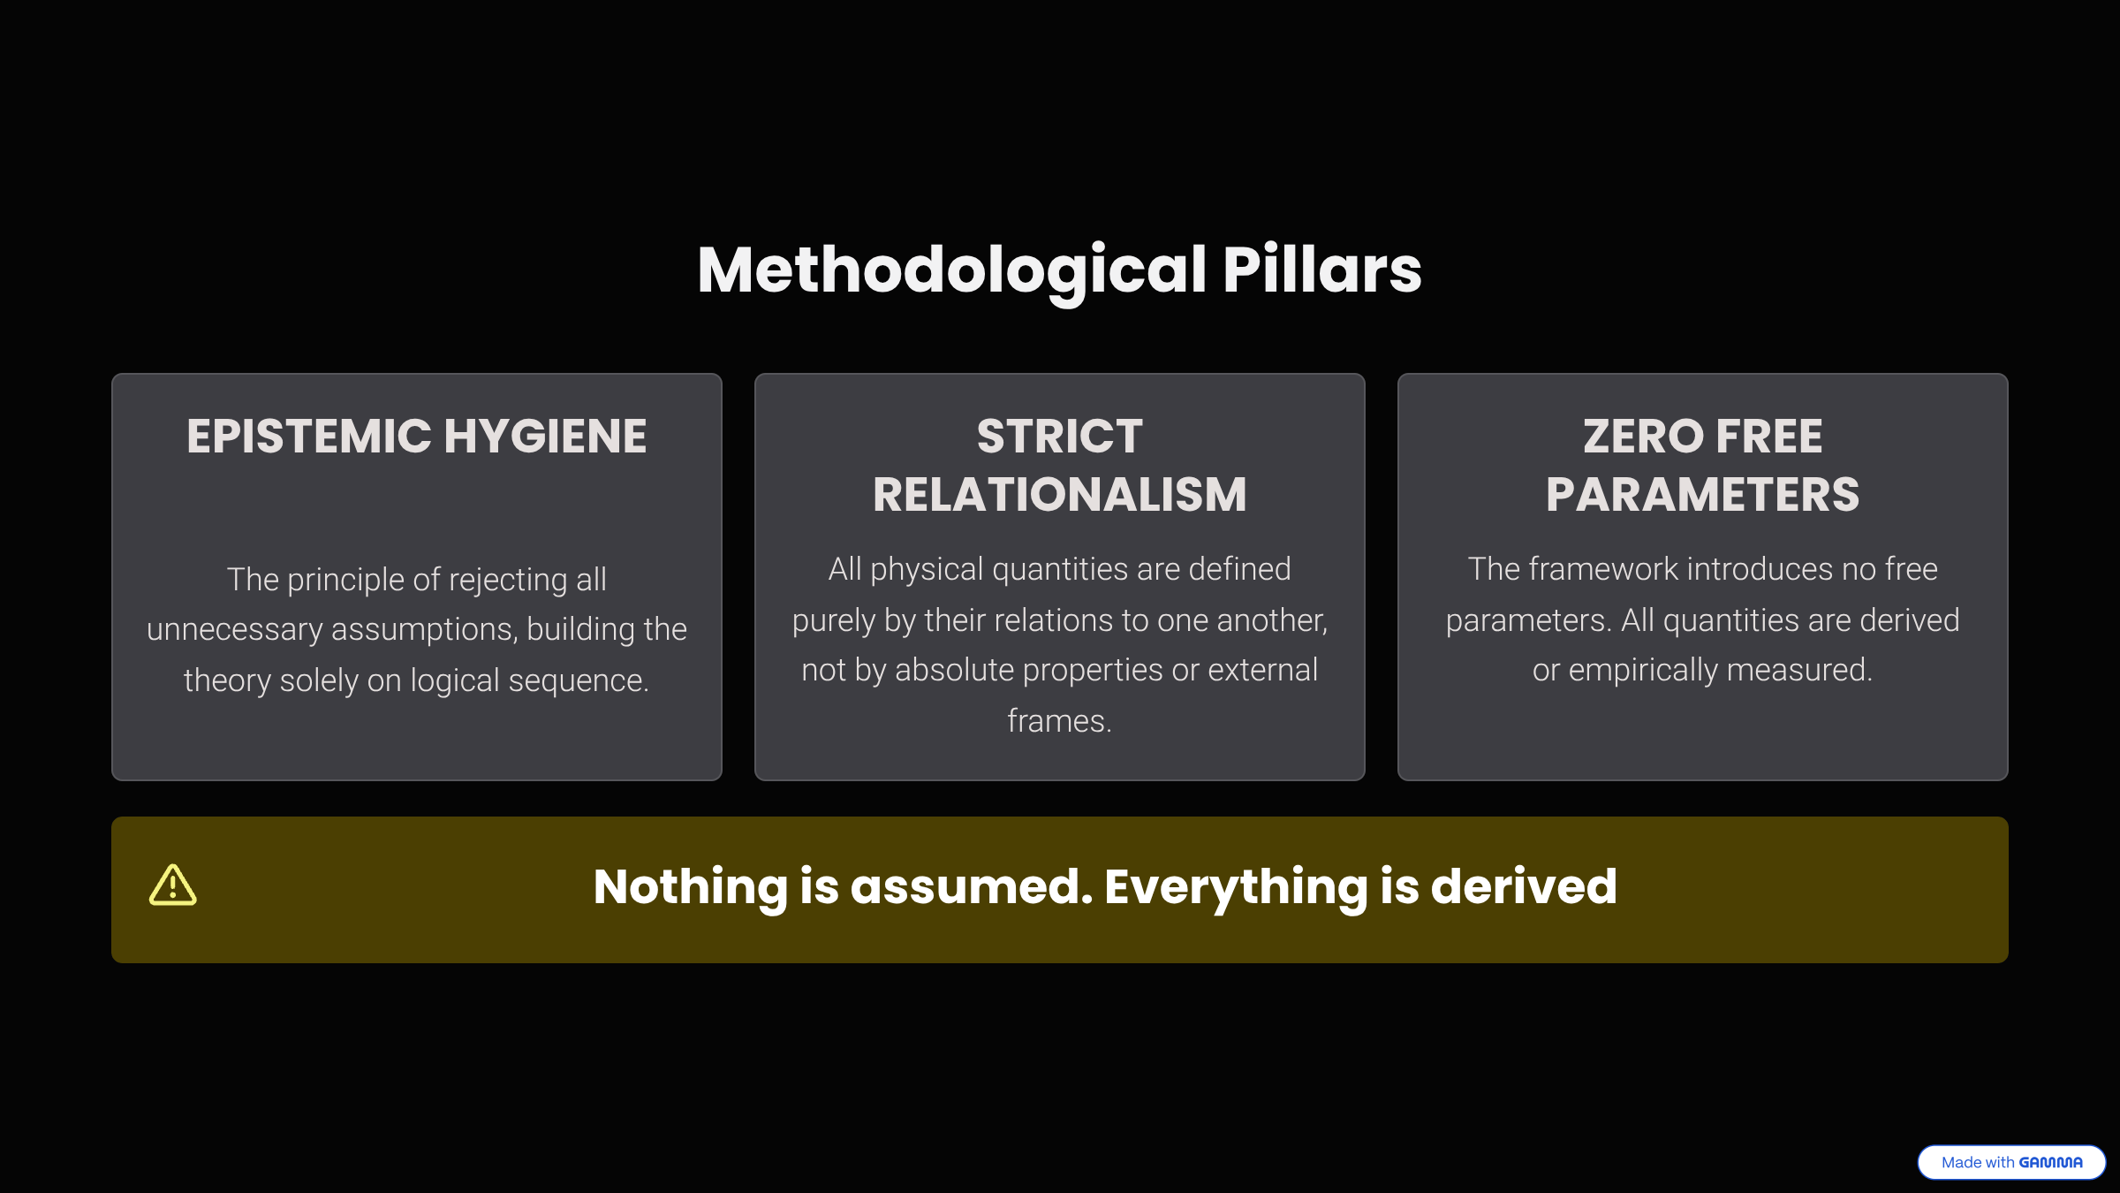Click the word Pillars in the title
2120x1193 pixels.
click(1322, 270)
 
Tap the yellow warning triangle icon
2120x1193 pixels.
click(173, 885)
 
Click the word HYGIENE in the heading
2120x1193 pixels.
click(545, 437)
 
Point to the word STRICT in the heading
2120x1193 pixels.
click(1059, 437)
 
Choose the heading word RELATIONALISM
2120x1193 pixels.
click(1059, 494)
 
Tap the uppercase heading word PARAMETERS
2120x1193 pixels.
click(1702, 494)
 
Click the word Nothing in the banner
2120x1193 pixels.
click(690, 887)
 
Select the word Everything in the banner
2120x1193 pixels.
click(1236, 887)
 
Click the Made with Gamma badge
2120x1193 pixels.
click(2011, 1162)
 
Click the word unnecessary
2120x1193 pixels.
click(234, 629)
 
